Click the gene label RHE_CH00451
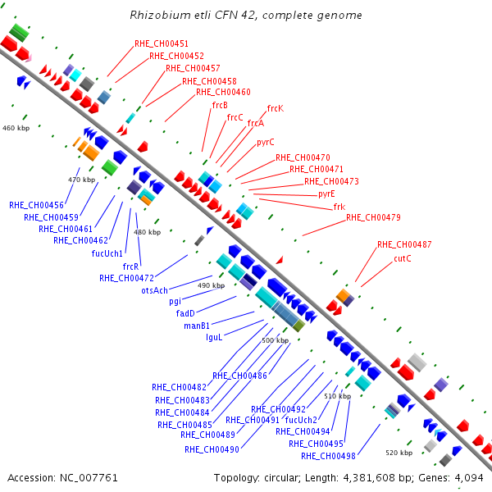[162, 43]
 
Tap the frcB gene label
[220, 105]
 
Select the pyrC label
[266, 143]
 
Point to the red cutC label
[403, 258]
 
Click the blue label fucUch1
[107, 253]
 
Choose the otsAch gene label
[154, 290]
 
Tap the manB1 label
[197, 326]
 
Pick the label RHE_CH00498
[328, 456]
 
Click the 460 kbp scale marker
[16, 128]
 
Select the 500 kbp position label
[276, 340]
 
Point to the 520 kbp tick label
[399, 453]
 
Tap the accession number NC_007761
[89, 478]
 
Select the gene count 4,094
[469, 478]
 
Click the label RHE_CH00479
[373, 217]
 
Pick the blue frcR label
[130, 266]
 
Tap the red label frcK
[276, 108]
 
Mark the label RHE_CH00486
[239, 376]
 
